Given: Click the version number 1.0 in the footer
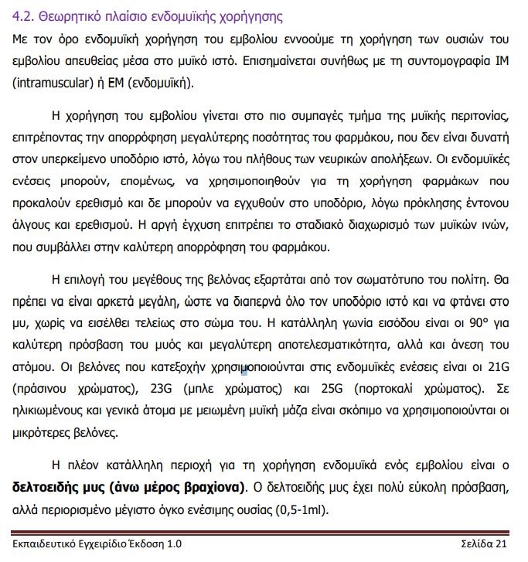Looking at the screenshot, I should [174, 543].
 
